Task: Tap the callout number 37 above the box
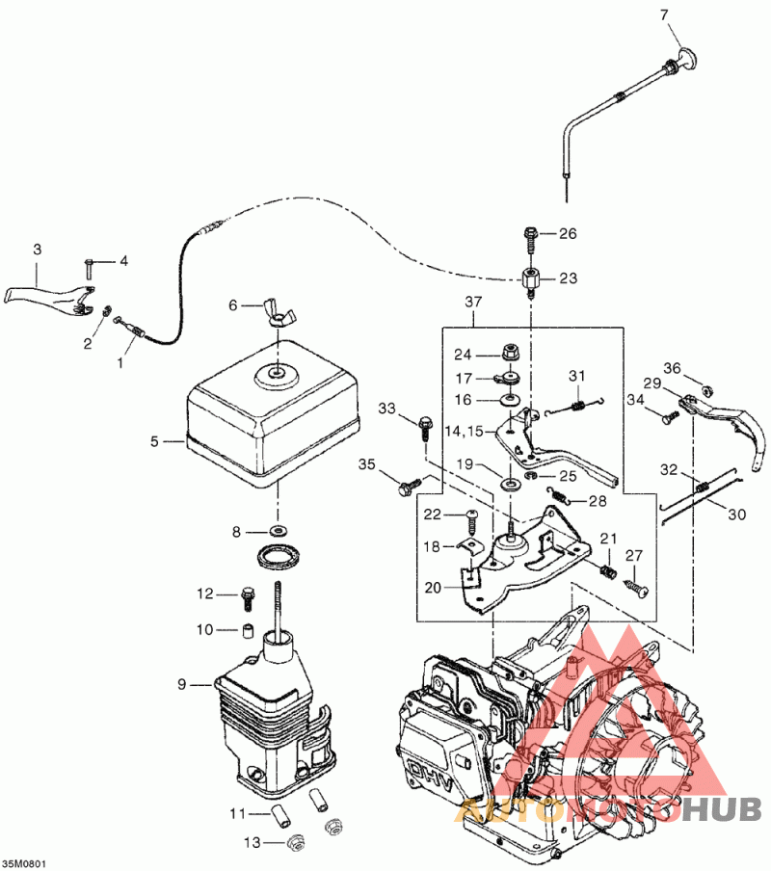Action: pyautogui.click(x=473, y=303)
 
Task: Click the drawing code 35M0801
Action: pyautogui.click(x=24, y=864)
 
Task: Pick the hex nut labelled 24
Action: pyautogui.click(x=510, y=353)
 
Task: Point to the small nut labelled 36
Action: pyautogui.click(x=707, y=389)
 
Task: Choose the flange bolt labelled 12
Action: pyautogui.click(x=247, y=597)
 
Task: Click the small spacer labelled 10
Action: pyautogui.click(x=249, y=630)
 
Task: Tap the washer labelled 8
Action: pyautogui.click(x=276, y=531)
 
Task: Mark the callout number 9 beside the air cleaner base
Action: pyautogui.click(x=182, y=684)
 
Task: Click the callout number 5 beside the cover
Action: pyautogui.click(x=154, y=441)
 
